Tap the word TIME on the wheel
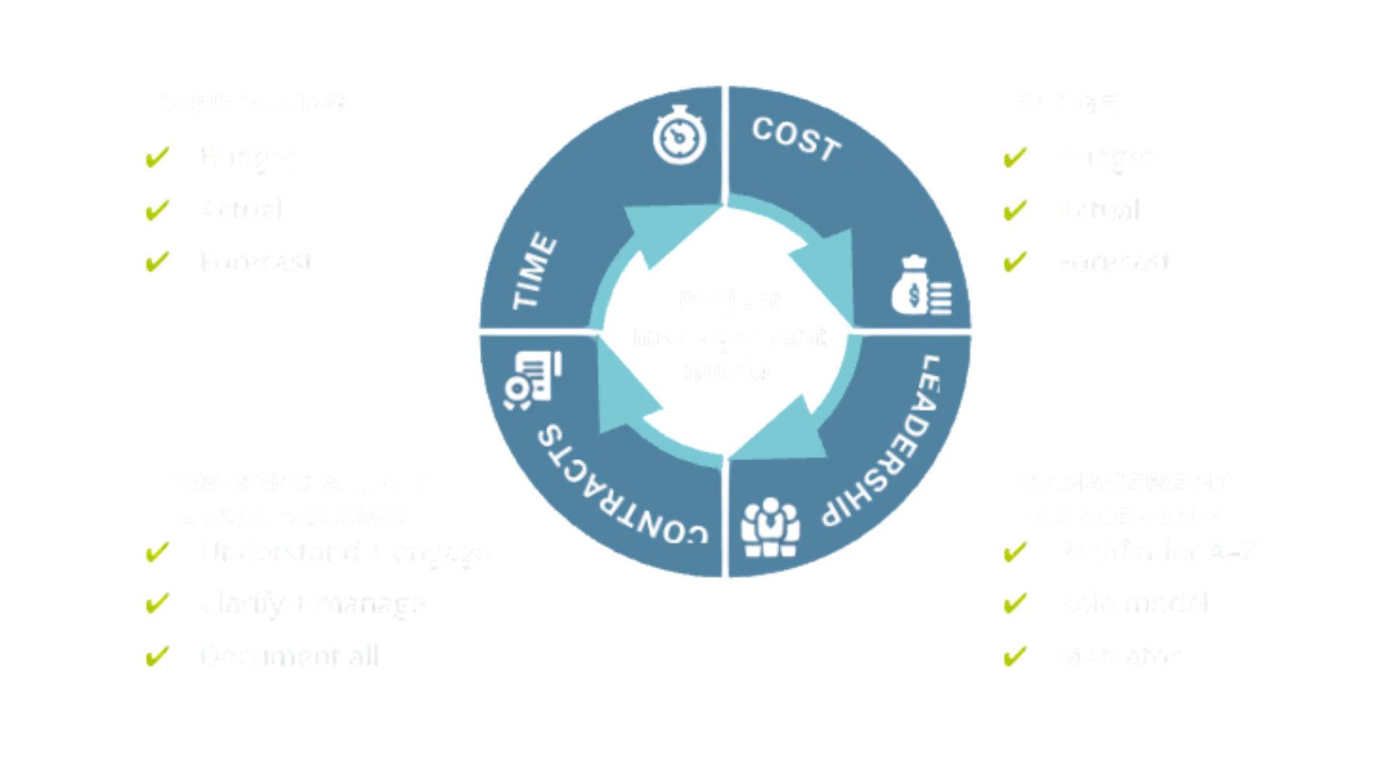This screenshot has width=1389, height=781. coord(535,272)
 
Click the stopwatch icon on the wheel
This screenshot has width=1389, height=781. coord(679,135)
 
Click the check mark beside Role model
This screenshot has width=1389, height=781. coord(1016,605)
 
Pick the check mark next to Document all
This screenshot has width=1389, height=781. coord(157,657)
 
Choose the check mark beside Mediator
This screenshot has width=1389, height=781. coord(1016,657)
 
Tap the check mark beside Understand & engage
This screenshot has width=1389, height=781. coord(157,552)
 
